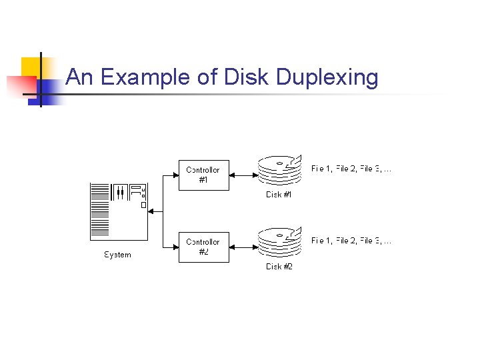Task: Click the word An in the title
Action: (79, 77)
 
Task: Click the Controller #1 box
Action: (203, 175)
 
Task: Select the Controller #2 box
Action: (203, 247)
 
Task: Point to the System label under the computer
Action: (118, 255)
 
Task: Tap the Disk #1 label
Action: (279, 195)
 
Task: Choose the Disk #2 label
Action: (279, 267)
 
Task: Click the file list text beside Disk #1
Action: (351, 169)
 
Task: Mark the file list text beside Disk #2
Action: (351, 241)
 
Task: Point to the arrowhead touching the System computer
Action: (151, 211)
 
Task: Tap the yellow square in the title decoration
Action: (31, 67)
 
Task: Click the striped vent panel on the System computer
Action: (99, 210)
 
